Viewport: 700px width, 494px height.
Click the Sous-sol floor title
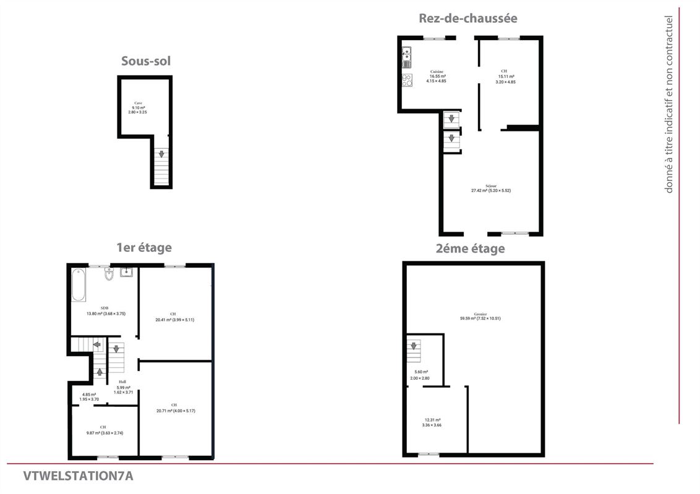[146, 61]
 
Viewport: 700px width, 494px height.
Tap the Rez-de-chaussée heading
[467, 18]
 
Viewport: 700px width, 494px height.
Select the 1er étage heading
[144, 248]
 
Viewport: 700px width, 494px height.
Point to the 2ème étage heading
[469, 248]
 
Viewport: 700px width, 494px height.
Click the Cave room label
[137, 107]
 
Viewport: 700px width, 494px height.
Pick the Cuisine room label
[437, 76]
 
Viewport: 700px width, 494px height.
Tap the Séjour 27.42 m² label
[490, 188]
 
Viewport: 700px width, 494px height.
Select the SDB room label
[106, 311]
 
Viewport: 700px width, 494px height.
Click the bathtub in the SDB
[79, 285]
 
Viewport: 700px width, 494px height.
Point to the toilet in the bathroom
[109, 274]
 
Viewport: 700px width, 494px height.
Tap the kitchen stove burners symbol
[408, 80]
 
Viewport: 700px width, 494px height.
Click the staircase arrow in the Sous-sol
[161, 154]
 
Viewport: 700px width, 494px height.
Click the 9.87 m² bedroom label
[103, 430]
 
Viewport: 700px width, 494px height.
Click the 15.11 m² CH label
[505, 76]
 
